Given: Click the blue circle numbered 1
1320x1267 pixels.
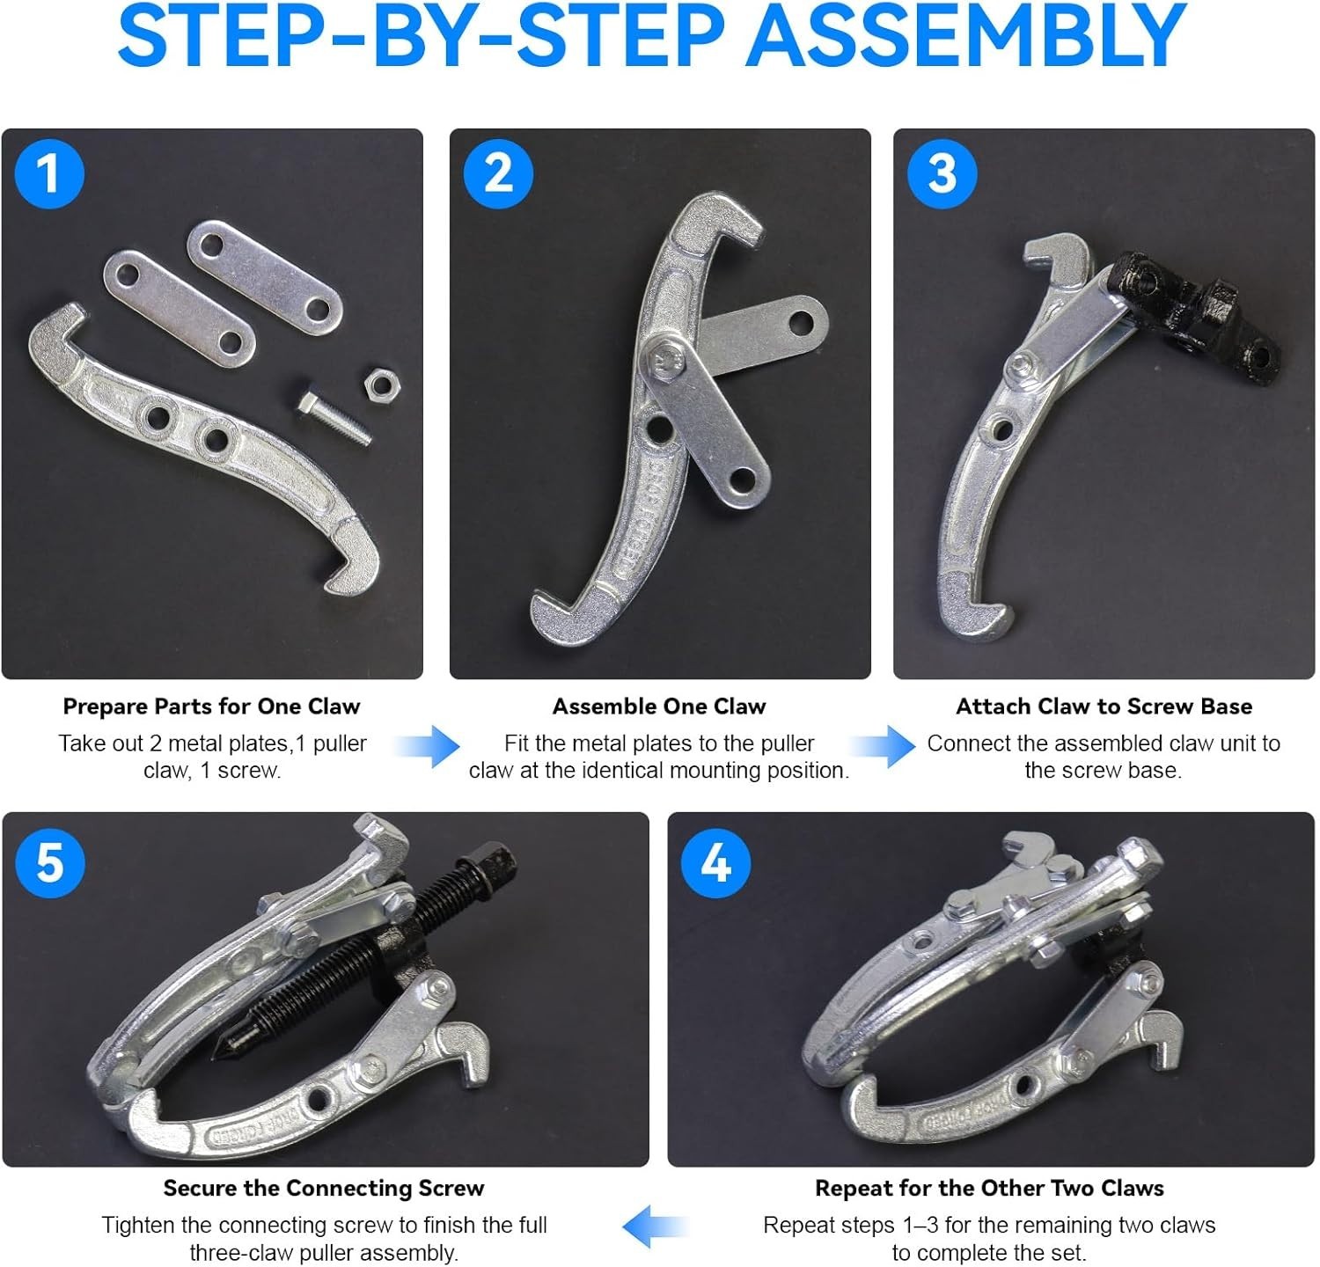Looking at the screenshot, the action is coord(49,172).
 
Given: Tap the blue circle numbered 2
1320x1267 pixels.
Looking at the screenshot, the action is coord(498,172).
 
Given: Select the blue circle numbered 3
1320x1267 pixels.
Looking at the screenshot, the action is coord(942,172).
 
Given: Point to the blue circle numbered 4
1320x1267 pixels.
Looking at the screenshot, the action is coord(716,861).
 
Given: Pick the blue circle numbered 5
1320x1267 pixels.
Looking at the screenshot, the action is coord(49,861).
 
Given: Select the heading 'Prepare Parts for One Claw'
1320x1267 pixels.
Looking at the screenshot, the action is coord(211,707).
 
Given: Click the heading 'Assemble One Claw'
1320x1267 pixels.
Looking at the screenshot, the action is coord(659,707).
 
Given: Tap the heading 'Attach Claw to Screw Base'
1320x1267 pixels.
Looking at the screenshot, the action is coord(1104,707).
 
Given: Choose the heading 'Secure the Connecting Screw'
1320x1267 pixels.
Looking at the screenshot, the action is coord(324,1189).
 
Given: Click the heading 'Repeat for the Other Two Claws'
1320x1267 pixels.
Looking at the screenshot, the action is coord(989,1189).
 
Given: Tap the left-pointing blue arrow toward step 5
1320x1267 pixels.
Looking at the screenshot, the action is coord(656,1227).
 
